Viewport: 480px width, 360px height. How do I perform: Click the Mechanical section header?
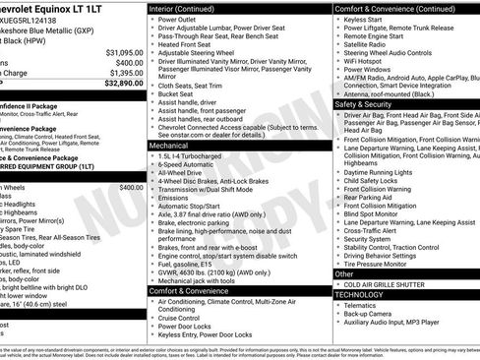tap(168, 145)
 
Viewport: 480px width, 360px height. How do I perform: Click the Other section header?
tap(343, 273)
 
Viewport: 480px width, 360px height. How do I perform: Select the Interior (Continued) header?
tap(189, 8)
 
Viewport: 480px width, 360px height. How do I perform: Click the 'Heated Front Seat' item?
tap(189, 44)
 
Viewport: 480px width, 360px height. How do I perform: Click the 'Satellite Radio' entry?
tap(370, 44)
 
